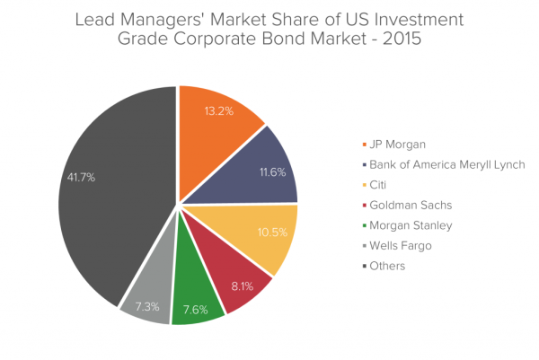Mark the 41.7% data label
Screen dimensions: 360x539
coord(81,178)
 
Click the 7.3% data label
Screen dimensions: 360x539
coord(147,307)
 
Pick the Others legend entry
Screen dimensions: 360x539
coord(387,266)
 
